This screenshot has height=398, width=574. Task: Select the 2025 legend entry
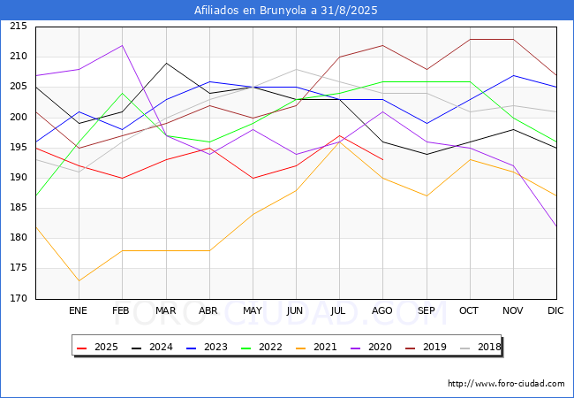click(97, 347)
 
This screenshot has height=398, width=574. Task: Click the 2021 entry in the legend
click(316, 347)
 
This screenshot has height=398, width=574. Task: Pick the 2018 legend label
click(480, 347)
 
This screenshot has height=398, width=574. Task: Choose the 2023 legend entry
click(207, 347)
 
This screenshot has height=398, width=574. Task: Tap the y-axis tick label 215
click(19, 27)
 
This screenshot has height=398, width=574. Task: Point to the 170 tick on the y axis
click(19, 299)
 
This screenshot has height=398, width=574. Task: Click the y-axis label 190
click(19, 178)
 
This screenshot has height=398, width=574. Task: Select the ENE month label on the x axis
click(78, 310)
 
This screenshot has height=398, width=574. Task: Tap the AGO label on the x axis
click(382, 310)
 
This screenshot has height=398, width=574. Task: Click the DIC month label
click(555, 310)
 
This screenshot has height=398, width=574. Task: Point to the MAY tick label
click(253, 310)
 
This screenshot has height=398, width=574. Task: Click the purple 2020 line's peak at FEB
click(122, 45)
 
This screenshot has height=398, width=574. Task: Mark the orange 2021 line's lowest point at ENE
click(79, 280)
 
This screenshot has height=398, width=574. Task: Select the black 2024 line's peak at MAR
click(166, 63)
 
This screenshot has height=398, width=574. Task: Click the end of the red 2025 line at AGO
click(383, 160)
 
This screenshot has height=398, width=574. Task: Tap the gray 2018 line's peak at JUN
click(296, 69)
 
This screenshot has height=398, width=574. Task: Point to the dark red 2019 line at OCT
click(470, 39)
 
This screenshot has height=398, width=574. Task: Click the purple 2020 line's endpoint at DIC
click(557, 226)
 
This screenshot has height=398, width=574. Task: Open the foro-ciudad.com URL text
click(506, 384)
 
